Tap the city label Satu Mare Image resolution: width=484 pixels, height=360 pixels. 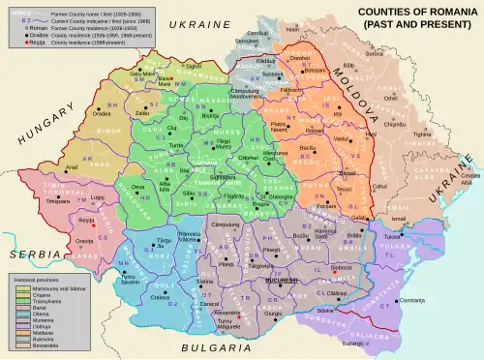point(142,73)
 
